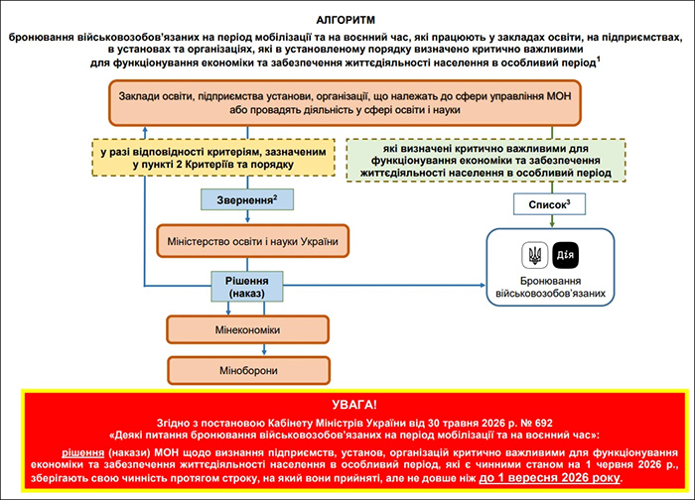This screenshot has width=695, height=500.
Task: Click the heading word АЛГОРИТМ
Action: coord(346,20)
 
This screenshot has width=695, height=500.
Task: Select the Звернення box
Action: coord(247,199)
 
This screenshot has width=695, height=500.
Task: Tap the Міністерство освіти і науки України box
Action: coord(252,241)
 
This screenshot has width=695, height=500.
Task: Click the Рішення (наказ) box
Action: coord(247,287)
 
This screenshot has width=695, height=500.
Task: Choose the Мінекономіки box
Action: coord(248,329)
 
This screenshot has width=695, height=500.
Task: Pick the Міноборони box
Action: coord(248,370)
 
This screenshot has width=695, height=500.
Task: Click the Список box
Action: coord(549,204)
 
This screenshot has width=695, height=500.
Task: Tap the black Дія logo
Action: coord(565,255)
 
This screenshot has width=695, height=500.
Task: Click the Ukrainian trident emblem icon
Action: coord(535,255)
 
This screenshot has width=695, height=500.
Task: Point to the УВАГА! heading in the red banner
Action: coord(354,405)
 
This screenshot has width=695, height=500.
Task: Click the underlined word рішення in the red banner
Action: coord(82,452)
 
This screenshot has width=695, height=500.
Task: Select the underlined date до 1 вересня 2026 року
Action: coord(550,477)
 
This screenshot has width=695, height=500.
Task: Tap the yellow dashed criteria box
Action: coord(213,158)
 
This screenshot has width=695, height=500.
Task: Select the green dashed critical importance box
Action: coord(486,160)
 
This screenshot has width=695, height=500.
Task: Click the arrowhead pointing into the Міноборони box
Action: coord(264,351)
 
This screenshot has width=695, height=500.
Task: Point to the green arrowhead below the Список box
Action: coord(552,224)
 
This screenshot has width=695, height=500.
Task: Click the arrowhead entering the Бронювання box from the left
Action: coord(483,285)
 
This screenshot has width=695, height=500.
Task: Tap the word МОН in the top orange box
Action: coord(559,96)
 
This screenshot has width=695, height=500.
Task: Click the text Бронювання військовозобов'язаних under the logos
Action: coord(550,287)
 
